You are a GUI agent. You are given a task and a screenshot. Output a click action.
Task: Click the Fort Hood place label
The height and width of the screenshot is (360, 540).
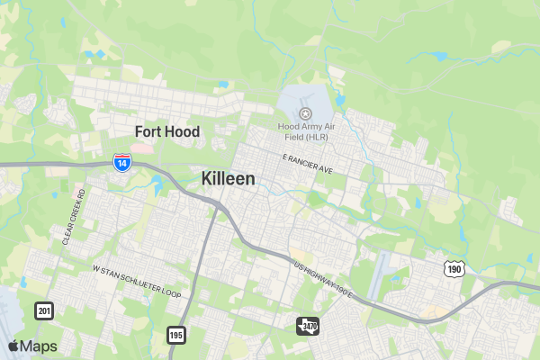pyautogui.click(x=167, y=131)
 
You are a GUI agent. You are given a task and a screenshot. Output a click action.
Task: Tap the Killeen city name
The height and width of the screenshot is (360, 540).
pyautogui.click(x=228, y=178)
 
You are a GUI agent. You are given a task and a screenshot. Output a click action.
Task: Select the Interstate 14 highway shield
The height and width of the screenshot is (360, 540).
pyautogui.click(x=122, y=163)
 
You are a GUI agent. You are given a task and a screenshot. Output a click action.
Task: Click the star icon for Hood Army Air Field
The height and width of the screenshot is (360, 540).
pyautogui.click(x=305, y=113)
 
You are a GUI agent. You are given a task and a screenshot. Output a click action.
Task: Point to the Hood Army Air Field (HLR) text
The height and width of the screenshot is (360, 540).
pyautogui.click(x=305, y=131)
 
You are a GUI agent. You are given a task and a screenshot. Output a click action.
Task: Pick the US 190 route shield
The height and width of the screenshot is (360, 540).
pyautogui.click(x=454, y=268)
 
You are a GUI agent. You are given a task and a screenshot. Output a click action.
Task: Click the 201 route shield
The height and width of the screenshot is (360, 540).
pyautogui.click(x=43, y=311)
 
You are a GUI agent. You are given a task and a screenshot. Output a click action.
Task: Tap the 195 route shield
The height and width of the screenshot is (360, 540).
pyautogui.click(x=175, y=335)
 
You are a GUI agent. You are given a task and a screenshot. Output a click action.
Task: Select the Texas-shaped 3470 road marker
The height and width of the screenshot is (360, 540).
pyautogui.click(x=308, y=325)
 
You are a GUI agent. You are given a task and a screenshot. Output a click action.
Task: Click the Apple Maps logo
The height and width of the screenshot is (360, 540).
pyautogui.click(x=32, y=346)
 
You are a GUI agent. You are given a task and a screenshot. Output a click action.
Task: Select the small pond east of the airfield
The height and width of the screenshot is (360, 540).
pyautogui.click(x=340, y=100)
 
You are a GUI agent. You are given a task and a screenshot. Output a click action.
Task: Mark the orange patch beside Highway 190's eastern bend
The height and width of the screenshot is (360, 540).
pyautogui.click(x=436, y=311)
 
